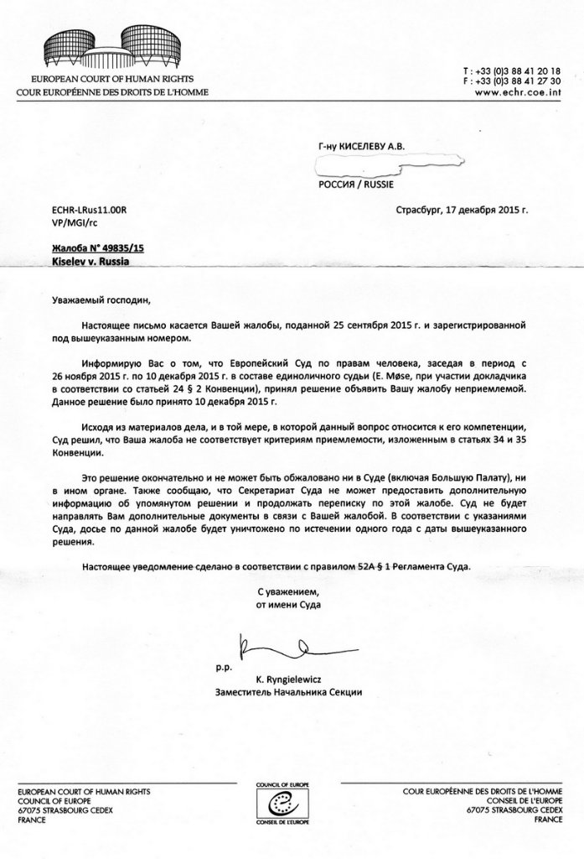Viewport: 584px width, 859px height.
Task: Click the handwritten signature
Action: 289,648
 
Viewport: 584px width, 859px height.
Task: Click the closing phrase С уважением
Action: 289,591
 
